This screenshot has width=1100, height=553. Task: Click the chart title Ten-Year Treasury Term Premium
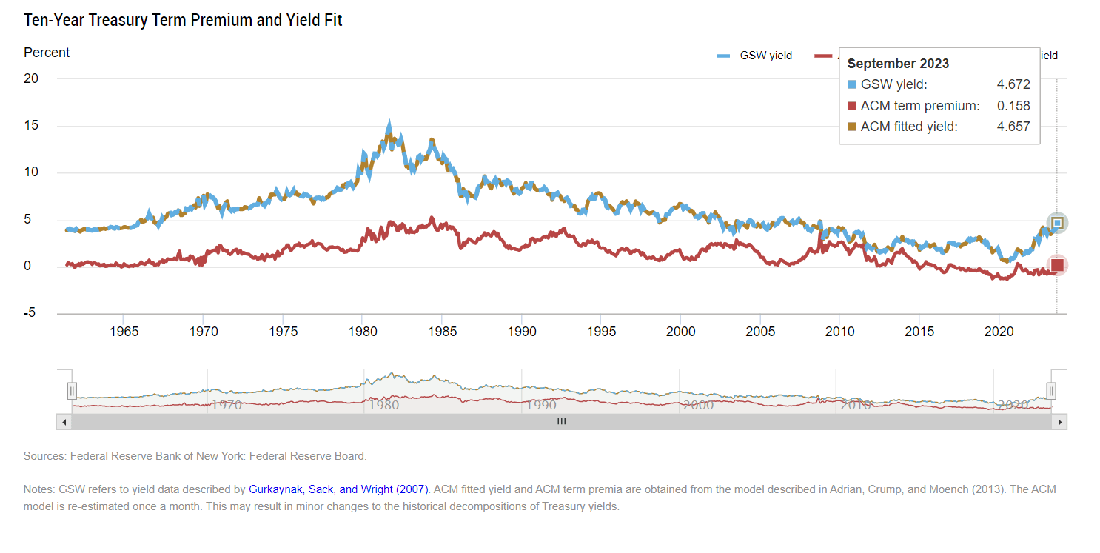pyautogui.click(x=183, y=20)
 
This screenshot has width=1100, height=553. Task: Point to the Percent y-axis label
pyautogui.click(x=47, y=53)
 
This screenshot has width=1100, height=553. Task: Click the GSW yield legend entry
pyautogui.click(x=754, y=56)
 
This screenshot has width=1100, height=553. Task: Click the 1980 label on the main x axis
pyautogui.click(x=362, y=332)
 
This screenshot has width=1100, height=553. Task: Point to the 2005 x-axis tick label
pyautogui.click(x=760, y=332)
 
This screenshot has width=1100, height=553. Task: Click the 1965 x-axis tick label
pyautogui.click(x=124, y=332)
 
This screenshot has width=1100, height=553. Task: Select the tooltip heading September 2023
pyautogui.click(x=898, y=64)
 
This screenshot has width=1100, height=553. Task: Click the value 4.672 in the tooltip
pyautogui.click(x=1013, y=84)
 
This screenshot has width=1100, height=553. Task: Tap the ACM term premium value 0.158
pyautogui.click(x=1013, y=106)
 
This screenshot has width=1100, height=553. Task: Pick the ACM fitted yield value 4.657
pyautogui.click(x=1013, y=127)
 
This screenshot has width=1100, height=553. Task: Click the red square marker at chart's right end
pyautogui.click(x=1057, y=265)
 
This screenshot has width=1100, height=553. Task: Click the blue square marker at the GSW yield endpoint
pyautogui.click(x=1057, y=223)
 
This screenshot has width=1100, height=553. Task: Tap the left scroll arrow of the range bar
pyautogui.click(x=64, y=421)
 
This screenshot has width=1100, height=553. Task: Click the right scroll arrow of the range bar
pyautogui.click(x=1060, y=421)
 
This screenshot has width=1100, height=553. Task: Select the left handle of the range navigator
pyautogui.click(x=72, y=391)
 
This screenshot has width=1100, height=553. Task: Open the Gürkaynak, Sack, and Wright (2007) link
pyautogui.click(x=338, y=489)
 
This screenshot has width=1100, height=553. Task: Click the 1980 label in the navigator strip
pyautogui.click(x=383, y=405)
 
